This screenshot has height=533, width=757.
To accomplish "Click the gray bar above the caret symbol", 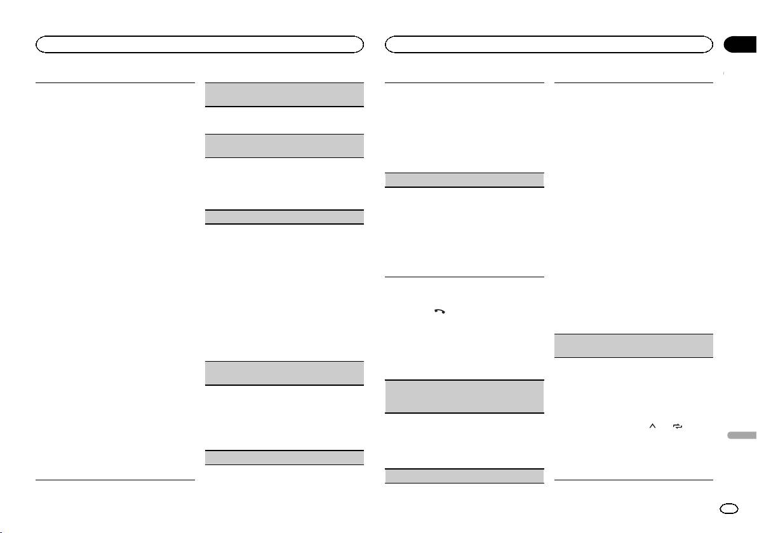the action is point(634,346).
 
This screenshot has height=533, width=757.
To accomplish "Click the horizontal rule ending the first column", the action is point(115,480).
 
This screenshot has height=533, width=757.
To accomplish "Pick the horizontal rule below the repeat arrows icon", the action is point(634,480).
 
